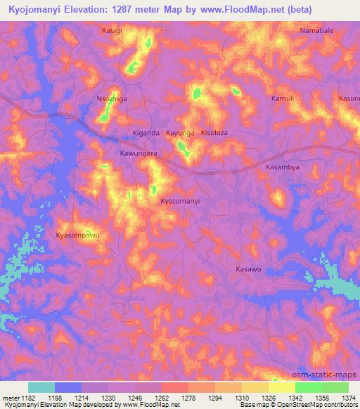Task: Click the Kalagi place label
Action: click(x=112, y=31)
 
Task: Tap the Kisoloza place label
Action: click(x=214, y=132)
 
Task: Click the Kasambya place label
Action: click(x=283, y=167)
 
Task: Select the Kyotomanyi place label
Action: click(x=181, y=201)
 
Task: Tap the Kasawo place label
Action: click(x=248, y=269)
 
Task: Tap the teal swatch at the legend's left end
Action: click(x=41, y=387)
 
